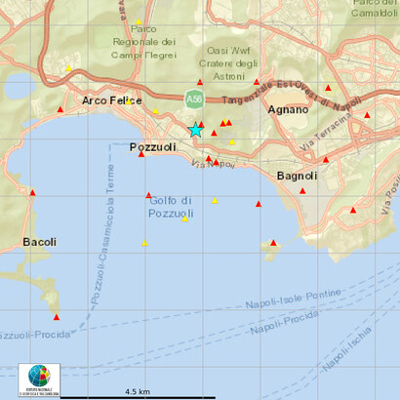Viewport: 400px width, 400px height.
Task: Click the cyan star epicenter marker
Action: tap(196, 130)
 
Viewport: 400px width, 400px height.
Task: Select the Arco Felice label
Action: tap(112, 100)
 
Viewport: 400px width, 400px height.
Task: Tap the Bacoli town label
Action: tap(39, 241)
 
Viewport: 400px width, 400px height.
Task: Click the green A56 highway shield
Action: tap(195, 98)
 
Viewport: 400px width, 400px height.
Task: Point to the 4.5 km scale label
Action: tap(137, 391)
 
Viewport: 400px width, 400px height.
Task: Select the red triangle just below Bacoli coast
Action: tap(56, 316)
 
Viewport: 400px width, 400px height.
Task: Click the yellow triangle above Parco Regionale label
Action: tap(139, 21)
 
